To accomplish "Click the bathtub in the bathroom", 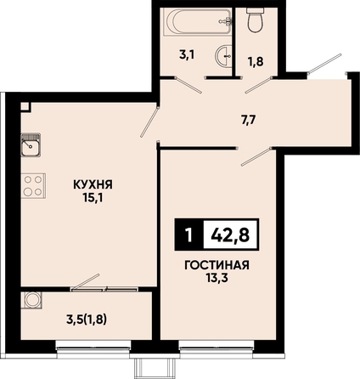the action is click(x=197, y=22).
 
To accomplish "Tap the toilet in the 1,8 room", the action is click(x=256, y=20).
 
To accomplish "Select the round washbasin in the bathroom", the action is click(x=224, y=56).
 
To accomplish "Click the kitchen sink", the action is click(x=31, y=144).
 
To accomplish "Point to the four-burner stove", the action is click(x=33, y=186).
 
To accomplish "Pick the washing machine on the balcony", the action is click(x=31, y=300).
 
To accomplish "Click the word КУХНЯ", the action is click(x=93, y=184).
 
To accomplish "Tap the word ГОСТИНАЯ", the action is click(x=217, y=265).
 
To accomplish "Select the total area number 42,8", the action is click(x=230, y=235).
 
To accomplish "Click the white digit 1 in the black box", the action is click(x=188, y=235).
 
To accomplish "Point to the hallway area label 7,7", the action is click(x=249, y=121).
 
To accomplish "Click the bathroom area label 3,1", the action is click(x=187, y=55).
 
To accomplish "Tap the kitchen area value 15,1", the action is click(x=93, y=198).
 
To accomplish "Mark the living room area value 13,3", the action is click(x=217, y=279).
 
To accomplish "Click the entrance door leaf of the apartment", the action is click(x=325, y=63).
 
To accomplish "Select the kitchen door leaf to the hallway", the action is click(x=149, y=122).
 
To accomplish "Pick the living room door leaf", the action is click(x=256, y=156).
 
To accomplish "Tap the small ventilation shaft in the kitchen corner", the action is click(x=25, y=107).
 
